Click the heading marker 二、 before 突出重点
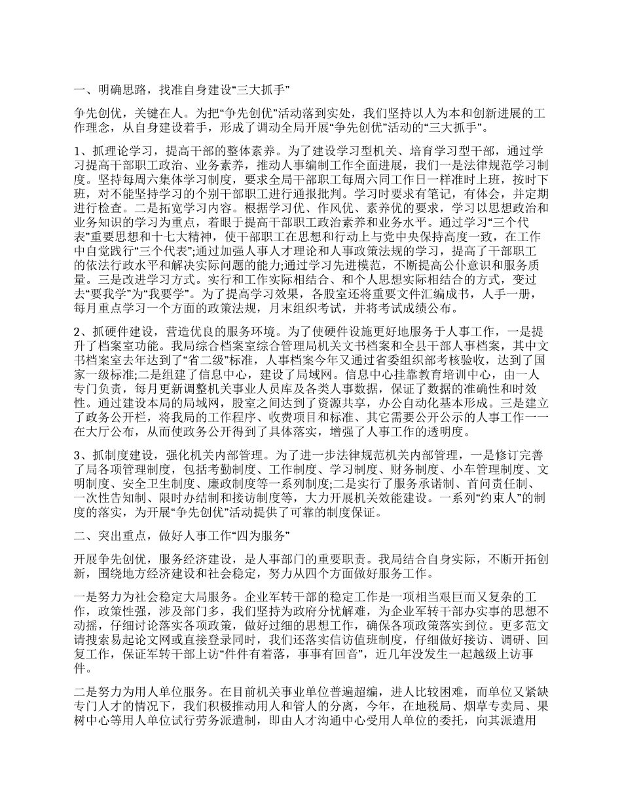(x=84, y=536)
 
